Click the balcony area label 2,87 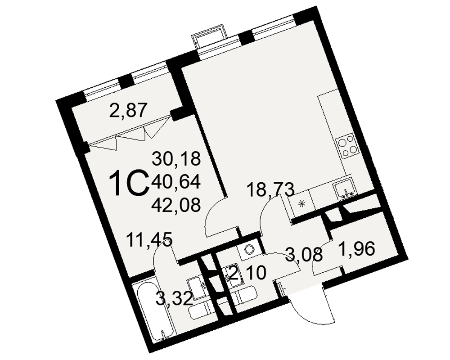(128, 110)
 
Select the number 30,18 (176, 158)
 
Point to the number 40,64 (176, 182)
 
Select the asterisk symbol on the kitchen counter (302, 203)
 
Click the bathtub (155, 310)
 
